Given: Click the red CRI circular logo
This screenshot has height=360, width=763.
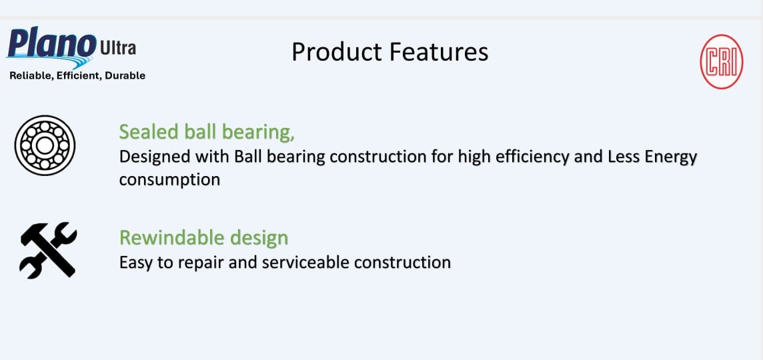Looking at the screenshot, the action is [x=721, y=61].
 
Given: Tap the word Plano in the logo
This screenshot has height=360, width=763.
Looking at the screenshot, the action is [x=51, y=45].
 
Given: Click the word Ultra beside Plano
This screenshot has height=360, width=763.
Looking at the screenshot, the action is [x=117, y=49].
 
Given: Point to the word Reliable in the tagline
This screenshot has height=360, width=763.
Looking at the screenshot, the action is [x=30, y=76].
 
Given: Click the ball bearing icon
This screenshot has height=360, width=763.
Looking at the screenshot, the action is [x=45, y=145].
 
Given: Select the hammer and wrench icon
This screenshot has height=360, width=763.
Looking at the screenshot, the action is [x=48, y=249].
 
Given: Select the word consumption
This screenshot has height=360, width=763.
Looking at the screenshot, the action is [x=169, y=180].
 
